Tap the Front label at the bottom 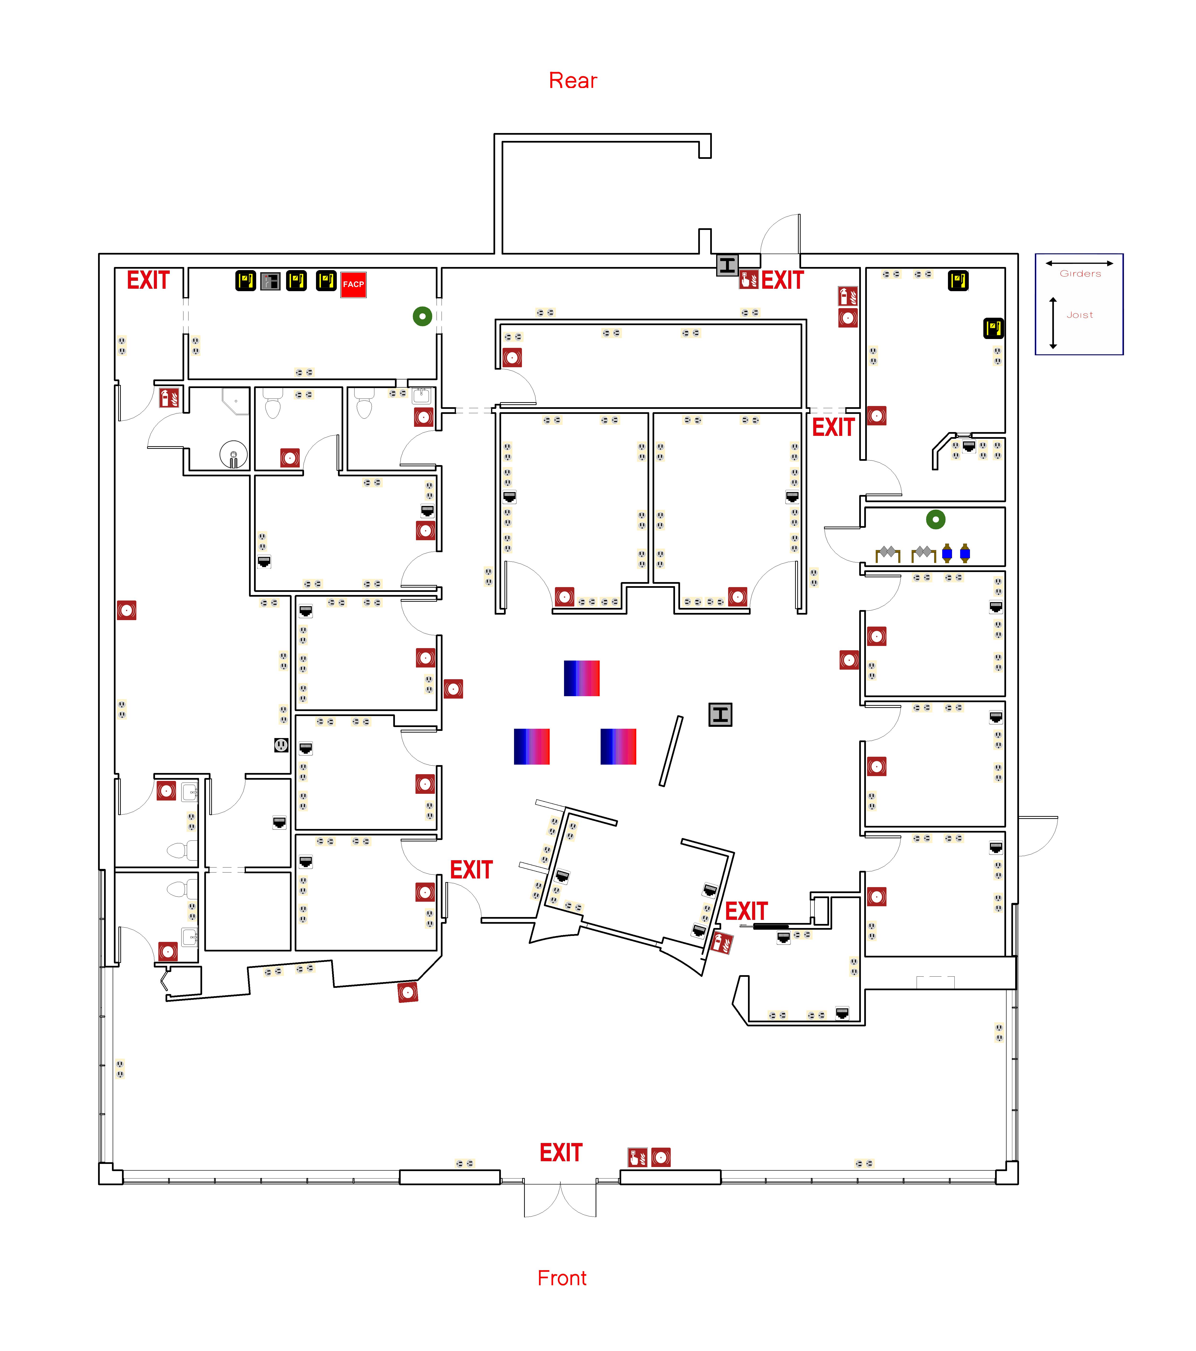tap(562, 1278)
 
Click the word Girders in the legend tap(1080, 274)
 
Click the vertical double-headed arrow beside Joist tap(1053, 323)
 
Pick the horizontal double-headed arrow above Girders tap(1079, 263)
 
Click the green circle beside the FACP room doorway tap(422, 316)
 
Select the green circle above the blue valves tap(936, 519)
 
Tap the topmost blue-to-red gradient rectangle tap(581, 678)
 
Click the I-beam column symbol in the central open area tap(720, 715)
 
